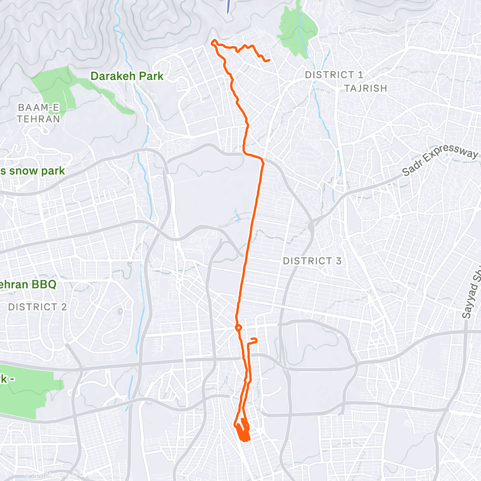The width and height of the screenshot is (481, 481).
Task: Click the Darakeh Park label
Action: click(x=127, y=76)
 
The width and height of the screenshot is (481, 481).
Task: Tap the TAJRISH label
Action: click(x=366, y=88)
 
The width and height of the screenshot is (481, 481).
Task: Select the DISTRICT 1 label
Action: click(x=334, y=75)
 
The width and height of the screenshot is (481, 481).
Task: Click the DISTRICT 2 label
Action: click(x=37, y=306)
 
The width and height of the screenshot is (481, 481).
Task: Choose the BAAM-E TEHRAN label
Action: click(x=38, y=113)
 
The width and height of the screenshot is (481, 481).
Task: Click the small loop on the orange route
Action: click(x=238, y=328)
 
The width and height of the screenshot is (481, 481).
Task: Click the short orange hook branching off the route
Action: click(x=253, y=341)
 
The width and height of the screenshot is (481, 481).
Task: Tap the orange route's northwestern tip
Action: click(x=213, y=43)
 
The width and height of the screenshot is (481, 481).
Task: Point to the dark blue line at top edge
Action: click(x=228, y=6)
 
